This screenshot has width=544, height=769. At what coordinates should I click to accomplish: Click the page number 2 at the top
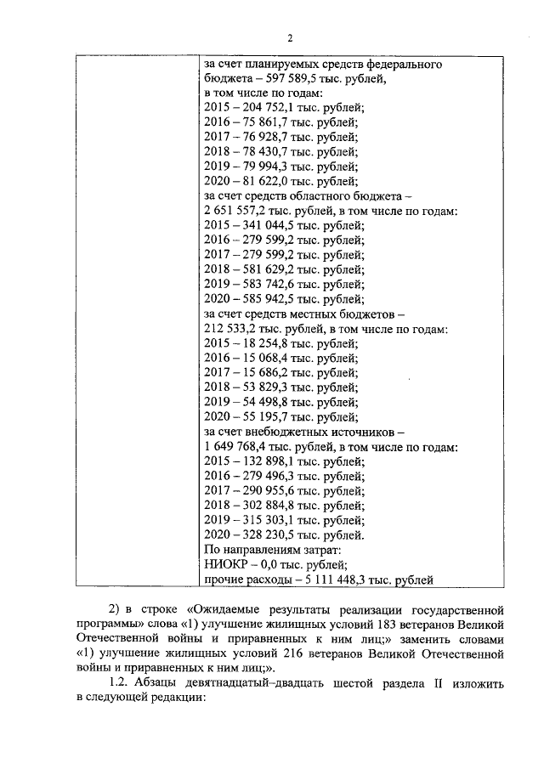[x=289, y=38]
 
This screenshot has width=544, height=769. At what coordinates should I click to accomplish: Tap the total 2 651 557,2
[x=240, y=210]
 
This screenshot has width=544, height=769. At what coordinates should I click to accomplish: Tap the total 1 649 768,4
[x=240, y=446]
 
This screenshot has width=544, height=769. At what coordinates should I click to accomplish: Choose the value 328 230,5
[x=266, y=534]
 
